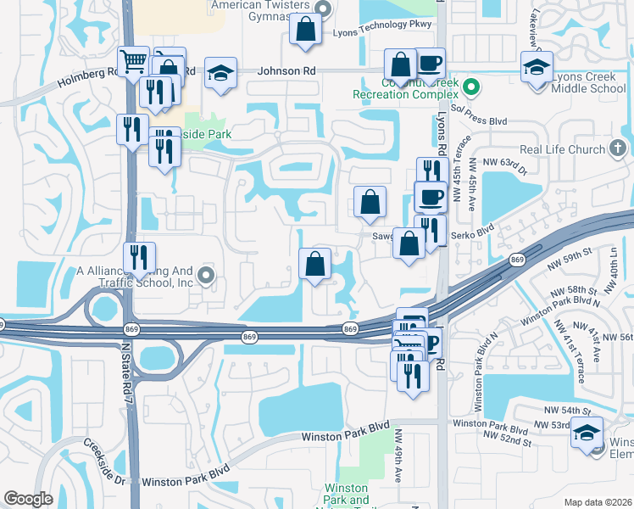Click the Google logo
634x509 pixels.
pyautogui.click(x=28, y=499)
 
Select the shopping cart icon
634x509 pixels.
pyautogui.click(x=134, y=60)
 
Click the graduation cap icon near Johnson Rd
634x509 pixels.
pyautogui.click(x=220, y=73)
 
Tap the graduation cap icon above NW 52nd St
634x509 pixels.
pyautogui.click(x=587, y=432)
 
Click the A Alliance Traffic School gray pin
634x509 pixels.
pyautogui.click(x=207, y=274)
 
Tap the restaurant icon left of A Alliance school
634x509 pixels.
pyautogui.click(x=139, y=258)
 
